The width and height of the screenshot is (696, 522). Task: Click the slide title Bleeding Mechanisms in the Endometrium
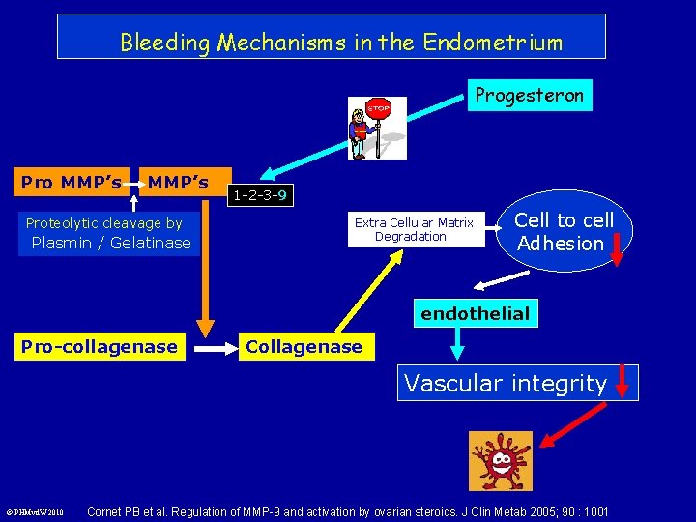point(340,43)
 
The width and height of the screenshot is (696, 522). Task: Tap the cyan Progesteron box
point(529,95)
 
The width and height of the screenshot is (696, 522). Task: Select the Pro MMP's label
point(72,182)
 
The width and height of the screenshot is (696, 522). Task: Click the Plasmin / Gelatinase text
point(111,243)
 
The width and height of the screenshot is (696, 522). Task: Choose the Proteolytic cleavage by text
point(104,223)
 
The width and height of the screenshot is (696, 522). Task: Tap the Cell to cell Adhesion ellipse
point(565,232)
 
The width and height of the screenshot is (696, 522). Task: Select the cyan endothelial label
point(475,313)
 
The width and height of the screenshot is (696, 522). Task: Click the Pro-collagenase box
point(100,346)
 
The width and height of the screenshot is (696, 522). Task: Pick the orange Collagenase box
point(304,346)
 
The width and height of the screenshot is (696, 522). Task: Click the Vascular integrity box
point(505,383)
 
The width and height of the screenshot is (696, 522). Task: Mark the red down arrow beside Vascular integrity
point(623,382)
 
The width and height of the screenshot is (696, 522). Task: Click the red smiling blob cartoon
point(500,462)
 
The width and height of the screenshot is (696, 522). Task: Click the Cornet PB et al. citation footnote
point(348,510)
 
